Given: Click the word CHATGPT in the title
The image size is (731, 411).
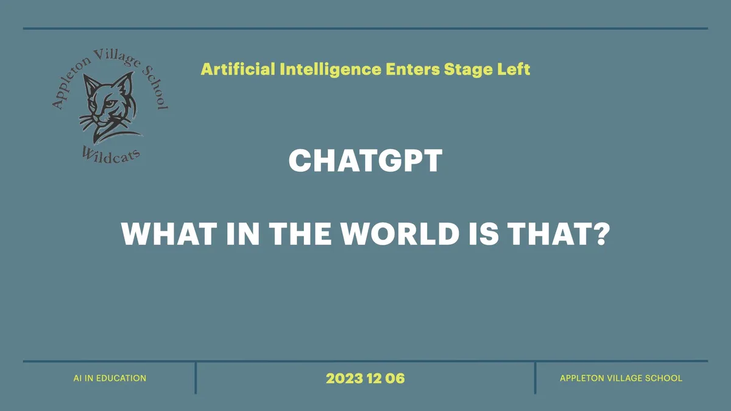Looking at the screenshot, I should pos(365,161).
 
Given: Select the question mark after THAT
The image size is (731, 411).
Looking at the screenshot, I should pos(601,234).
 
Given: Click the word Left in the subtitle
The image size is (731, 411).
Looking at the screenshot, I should pos(515,69).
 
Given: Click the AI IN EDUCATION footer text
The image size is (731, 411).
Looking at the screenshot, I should pos(110,378).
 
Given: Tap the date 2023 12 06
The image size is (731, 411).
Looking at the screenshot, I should pos(365,378).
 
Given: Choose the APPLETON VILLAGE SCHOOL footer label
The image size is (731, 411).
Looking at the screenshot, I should pos(621,378).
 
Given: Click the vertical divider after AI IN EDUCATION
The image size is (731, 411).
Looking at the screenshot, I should pos(196,378).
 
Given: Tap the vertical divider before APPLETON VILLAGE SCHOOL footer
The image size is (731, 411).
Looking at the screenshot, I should pos(535,378).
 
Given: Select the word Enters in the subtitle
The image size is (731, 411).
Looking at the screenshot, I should pos(412,69).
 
